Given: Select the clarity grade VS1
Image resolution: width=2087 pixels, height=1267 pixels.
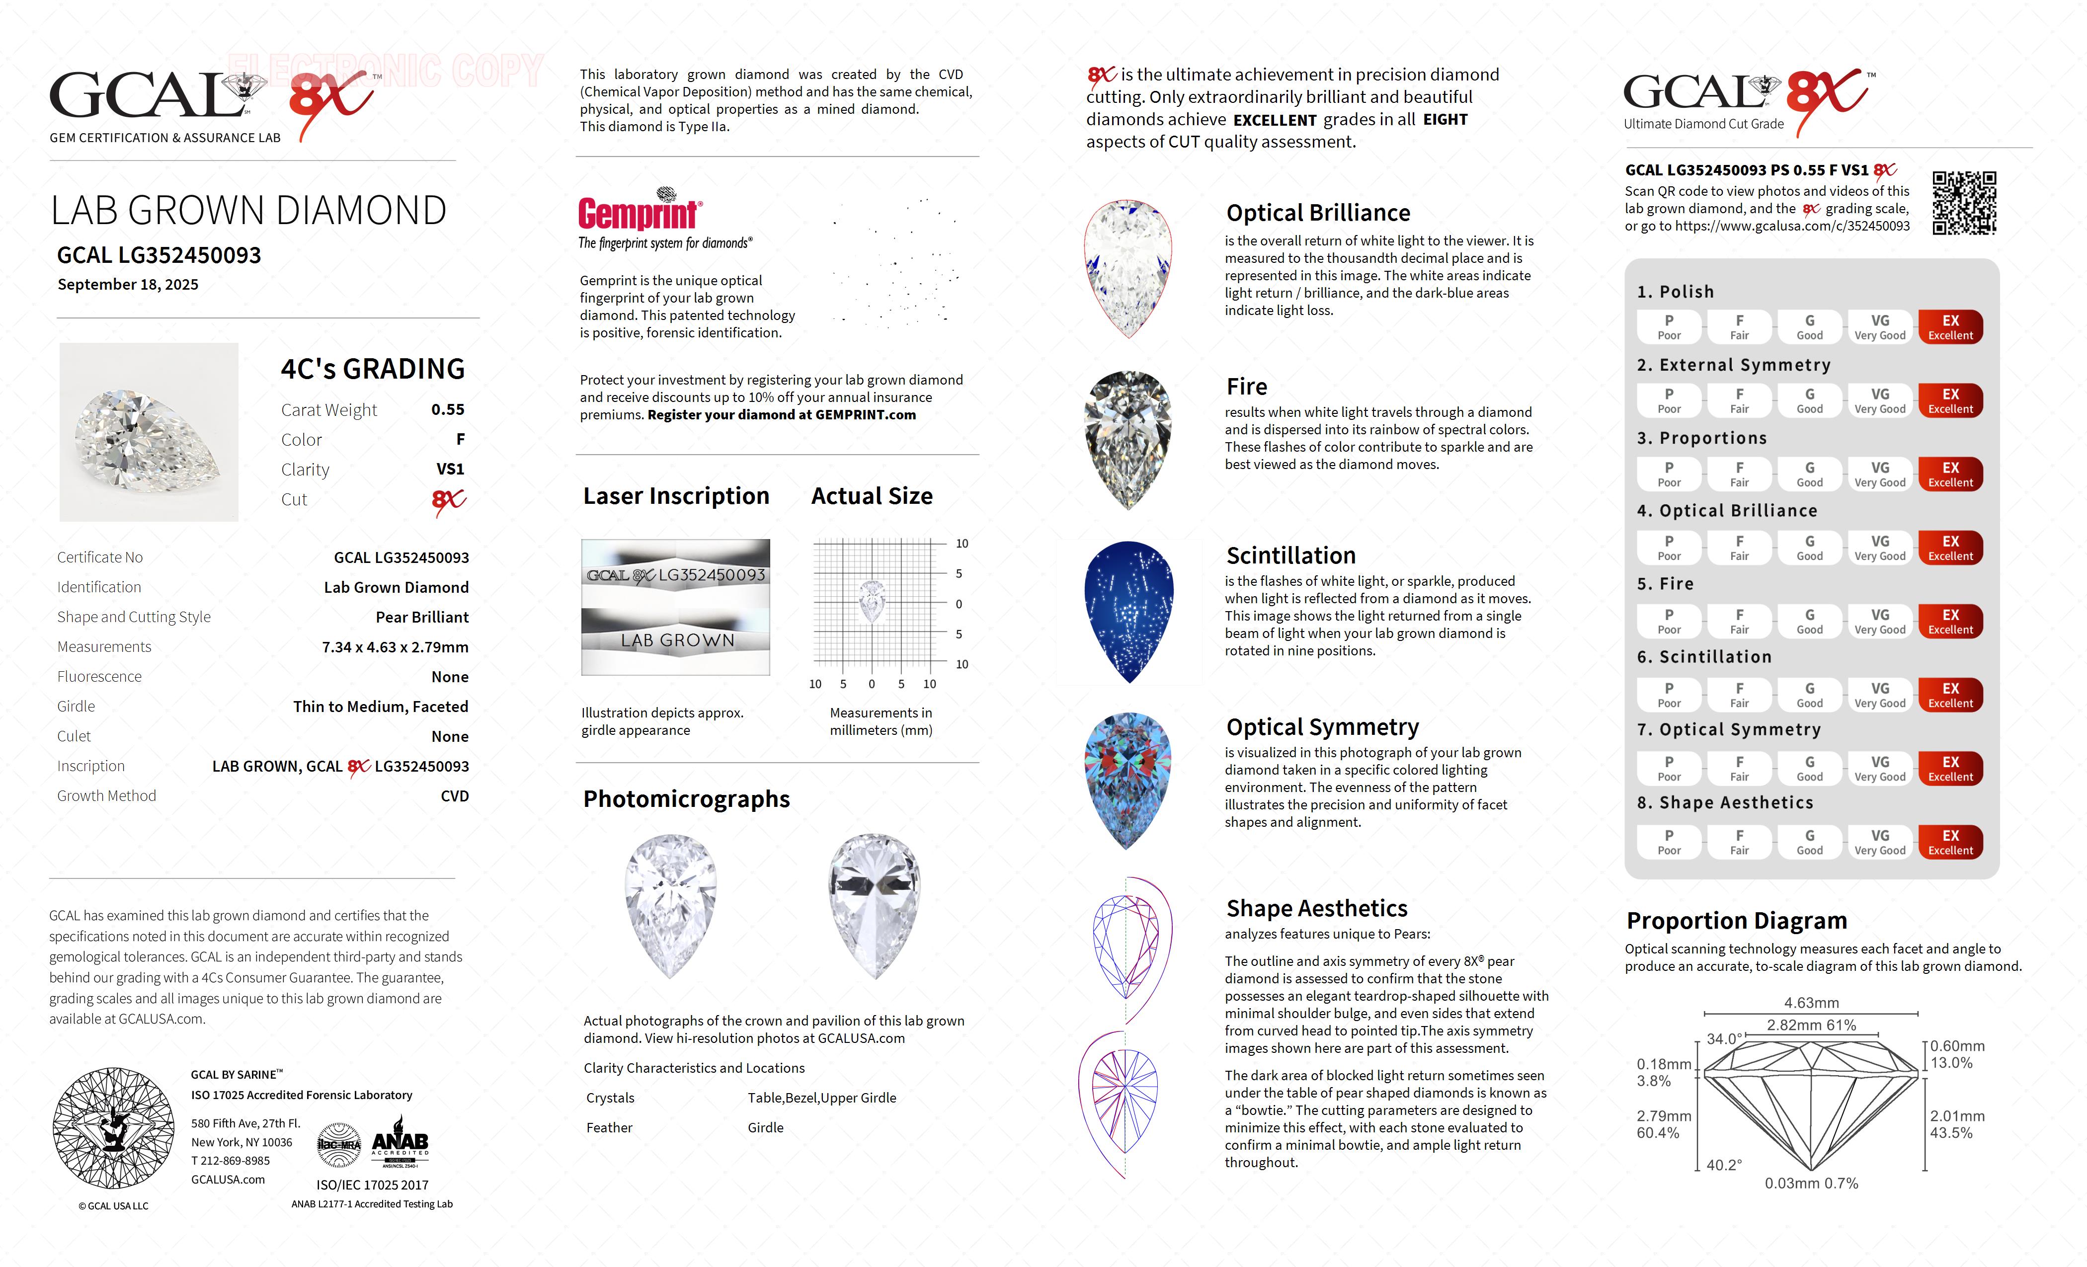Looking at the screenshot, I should pyautogui.click(x=450, y=469).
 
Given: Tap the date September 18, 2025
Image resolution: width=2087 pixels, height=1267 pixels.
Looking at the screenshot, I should pyautogui.click(x=128, y=285).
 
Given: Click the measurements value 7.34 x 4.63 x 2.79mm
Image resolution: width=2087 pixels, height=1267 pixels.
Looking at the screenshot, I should pyautogui.click(x=395, y=647).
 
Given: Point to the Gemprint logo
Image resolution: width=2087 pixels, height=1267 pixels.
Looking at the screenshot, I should pyautogui.click(x=640, y=212).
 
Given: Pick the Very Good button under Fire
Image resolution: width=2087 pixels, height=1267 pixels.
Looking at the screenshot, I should pyautogui.click(x=1879, y=621).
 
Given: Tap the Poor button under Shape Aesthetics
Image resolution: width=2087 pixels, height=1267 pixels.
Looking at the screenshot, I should pyautogui.click(x=1669, y=842).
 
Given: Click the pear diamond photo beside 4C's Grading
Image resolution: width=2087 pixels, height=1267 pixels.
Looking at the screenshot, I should pyautogui.click(x=149, y=432).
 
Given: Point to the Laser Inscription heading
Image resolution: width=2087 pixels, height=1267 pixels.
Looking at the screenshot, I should pyautogui.click(x=676, y=496).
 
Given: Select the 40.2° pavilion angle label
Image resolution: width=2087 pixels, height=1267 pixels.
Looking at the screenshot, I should pyautogui.click(x=1724, y=1165).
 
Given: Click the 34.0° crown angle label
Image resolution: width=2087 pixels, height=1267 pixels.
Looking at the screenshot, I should pyautogui.click(x=1724, y=1039).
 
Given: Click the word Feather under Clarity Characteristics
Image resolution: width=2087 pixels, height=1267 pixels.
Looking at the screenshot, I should pyautogui.click(x=609, y=1128).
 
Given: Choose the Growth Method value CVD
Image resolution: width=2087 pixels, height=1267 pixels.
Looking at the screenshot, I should pyautogui.click(x=454, y=796).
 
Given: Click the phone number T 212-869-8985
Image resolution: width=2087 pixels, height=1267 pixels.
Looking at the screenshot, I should pyautogui.click(x=231, y=1161).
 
